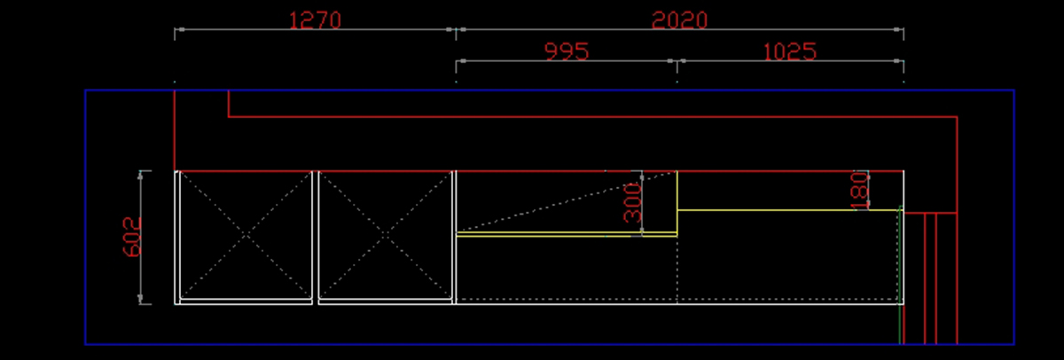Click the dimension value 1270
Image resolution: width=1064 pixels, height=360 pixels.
(x=315, y=20)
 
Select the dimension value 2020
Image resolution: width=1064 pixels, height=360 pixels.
(x=679, y=20)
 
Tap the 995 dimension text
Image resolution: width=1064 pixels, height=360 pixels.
(x=567, y=51)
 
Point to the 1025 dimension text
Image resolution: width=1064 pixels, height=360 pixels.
(x=789, y=51)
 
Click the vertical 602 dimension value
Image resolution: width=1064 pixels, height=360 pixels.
(x=131, y=237)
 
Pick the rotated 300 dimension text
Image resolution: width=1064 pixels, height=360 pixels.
(x=632, y=204)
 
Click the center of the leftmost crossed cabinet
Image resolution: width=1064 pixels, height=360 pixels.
(x=245, y=235)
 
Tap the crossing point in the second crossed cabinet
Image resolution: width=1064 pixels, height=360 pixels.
(x=386, y=235)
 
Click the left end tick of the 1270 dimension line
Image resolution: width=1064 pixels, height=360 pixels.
(x=176, y=30)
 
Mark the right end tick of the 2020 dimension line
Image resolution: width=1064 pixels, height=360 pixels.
(x=903, y=30)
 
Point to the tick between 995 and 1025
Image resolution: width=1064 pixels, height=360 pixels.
(x=677, y=61)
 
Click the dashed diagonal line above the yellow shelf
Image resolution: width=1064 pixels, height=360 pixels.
(x=550, y=204)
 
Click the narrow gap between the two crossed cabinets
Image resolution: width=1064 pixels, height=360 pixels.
(x=315, y=237)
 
